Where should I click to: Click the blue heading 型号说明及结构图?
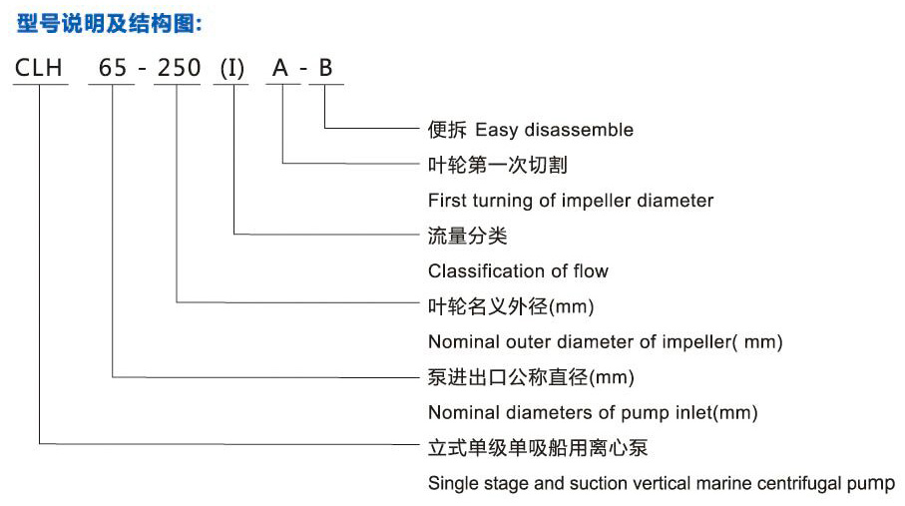[x=109, y=22]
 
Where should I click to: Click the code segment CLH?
[x=39, y=68]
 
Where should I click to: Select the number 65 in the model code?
[x=111, y=68]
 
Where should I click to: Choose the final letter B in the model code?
[x=325, y=68]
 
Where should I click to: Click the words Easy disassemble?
[x=554, y=130]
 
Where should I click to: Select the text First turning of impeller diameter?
[x=571, y=201]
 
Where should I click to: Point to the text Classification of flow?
[x=518, y=271]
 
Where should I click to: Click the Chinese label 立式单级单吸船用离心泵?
[x=538, y=448]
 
